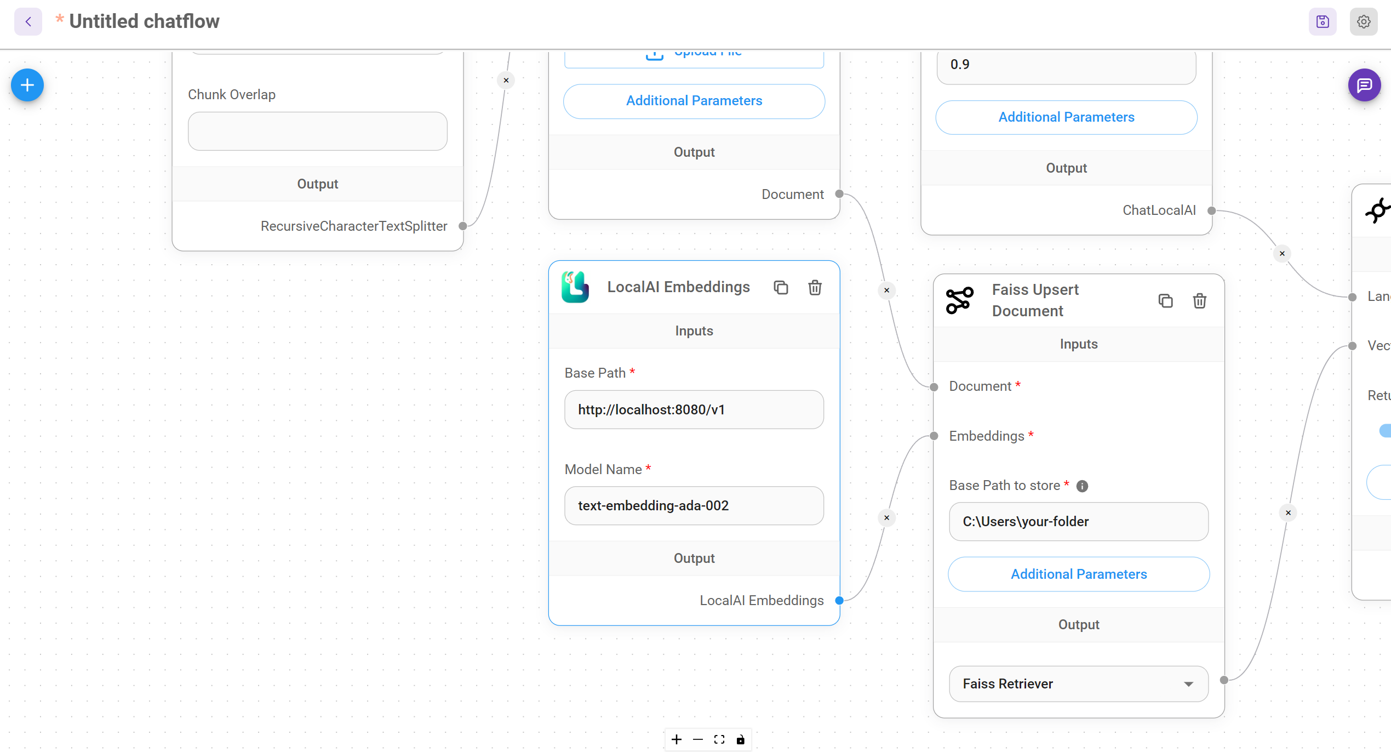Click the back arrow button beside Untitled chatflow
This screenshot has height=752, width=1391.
28,22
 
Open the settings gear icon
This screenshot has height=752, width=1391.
1363,22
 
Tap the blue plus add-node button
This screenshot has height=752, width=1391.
27,85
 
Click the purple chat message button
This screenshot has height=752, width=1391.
1364,85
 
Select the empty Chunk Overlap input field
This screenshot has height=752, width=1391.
317,132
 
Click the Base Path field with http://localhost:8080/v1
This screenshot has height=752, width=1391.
694,409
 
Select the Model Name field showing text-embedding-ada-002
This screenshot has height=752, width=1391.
694,505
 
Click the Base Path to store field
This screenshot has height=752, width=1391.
1078,521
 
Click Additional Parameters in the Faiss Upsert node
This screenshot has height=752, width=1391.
1078,574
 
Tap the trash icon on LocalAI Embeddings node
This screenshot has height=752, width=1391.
815,287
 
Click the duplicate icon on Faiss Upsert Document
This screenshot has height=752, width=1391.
1165,300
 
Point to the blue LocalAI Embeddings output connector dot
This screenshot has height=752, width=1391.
839,600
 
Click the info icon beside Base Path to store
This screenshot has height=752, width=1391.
1082,486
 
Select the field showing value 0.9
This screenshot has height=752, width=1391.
1066,65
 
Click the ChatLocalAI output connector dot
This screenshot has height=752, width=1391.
1211,210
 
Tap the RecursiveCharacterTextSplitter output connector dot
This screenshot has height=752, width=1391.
463,226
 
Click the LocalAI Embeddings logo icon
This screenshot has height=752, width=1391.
575,287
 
